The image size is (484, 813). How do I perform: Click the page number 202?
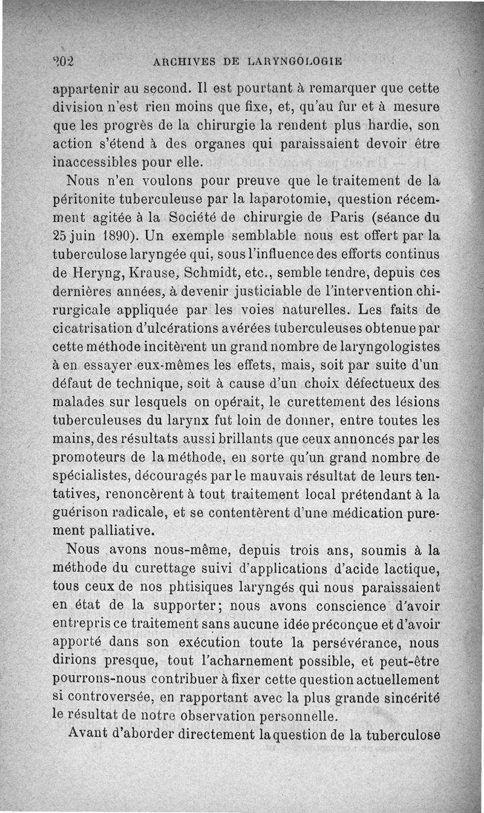tap(62, 61)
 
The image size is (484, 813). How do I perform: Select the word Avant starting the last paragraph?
tap(89, 734)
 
